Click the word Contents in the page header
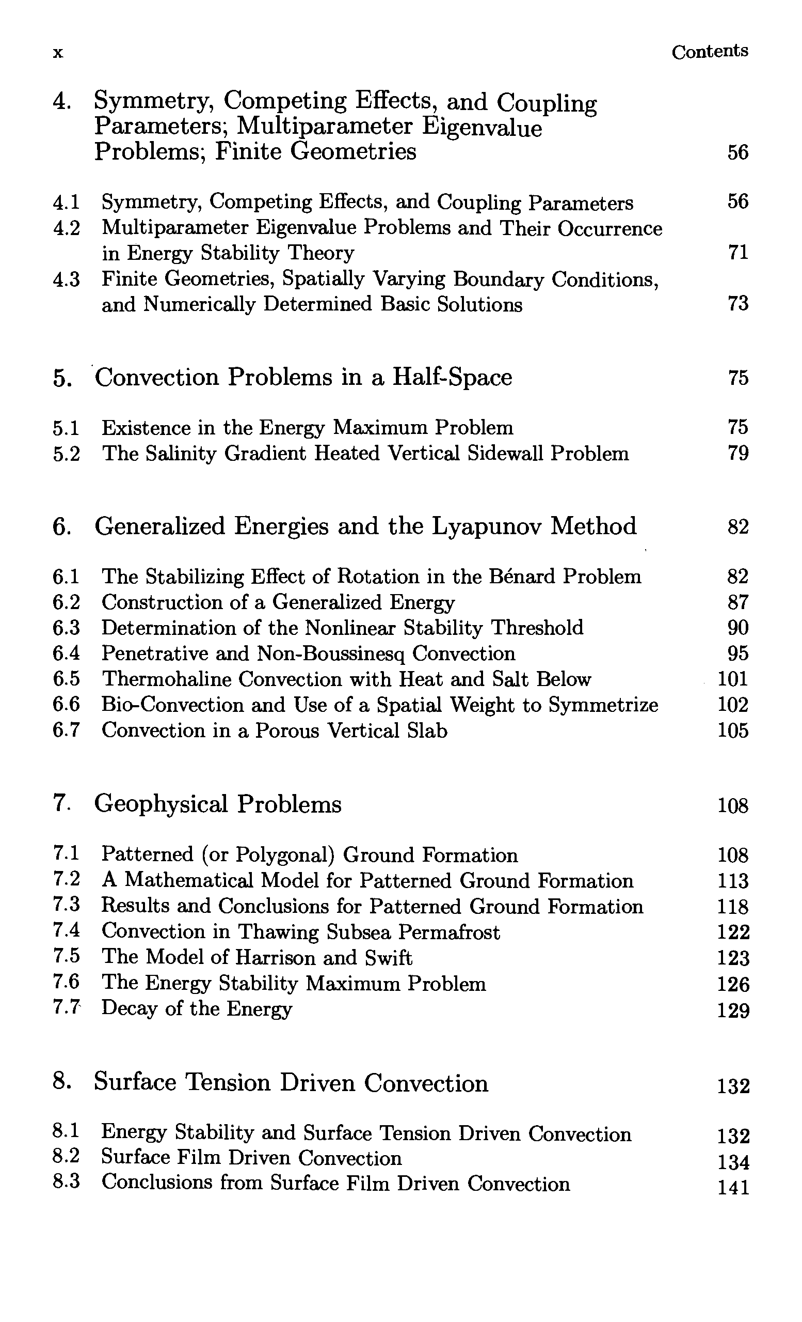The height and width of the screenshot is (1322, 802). pos(709,52)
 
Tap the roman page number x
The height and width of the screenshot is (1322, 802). pos(58,53)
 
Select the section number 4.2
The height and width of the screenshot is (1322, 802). pos(67,228)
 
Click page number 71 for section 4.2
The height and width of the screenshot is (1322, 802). pos(737,252)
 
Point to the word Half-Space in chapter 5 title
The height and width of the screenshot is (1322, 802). pos(452,377)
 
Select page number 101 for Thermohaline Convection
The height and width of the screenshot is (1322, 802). pos(732,679)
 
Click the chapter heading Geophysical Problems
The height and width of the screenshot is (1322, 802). pos(218,804)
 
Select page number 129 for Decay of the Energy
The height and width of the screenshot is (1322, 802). pos(733,1011)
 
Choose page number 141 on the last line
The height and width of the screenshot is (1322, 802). pos(733,1188)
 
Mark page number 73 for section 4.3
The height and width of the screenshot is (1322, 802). pos(737,304)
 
